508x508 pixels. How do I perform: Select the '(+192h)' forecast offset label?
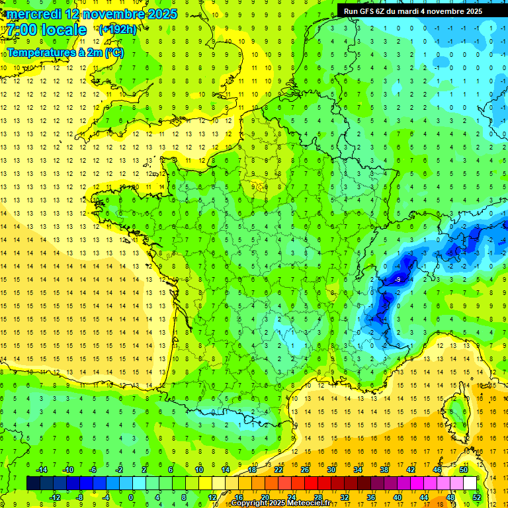(118, 30)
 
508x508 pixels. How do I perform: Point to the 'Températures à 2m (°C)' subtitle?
(65, 52)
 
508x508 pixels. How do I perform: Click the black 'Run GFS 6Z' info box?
(413, 11)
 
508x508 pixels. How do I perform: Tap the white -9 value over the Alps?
(398, 280)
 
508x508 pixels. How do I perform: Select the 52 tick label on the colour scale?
(477, 497)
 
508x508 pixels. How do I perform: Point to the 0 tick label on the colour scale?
(131, 497)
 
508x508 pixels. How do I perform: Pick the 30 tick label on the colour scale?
(331, 470)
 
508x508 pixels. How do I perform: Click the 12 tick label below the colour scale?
(212, 497)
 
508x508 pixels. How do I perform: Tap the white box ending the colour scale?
(470, 483)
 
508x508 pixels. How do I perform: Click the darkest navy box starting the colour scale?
(33, 483)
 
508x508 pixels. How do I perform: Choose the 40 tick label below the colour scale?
(397, 497)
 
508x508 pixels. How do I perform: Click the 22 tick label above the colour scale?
(278, 470)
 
